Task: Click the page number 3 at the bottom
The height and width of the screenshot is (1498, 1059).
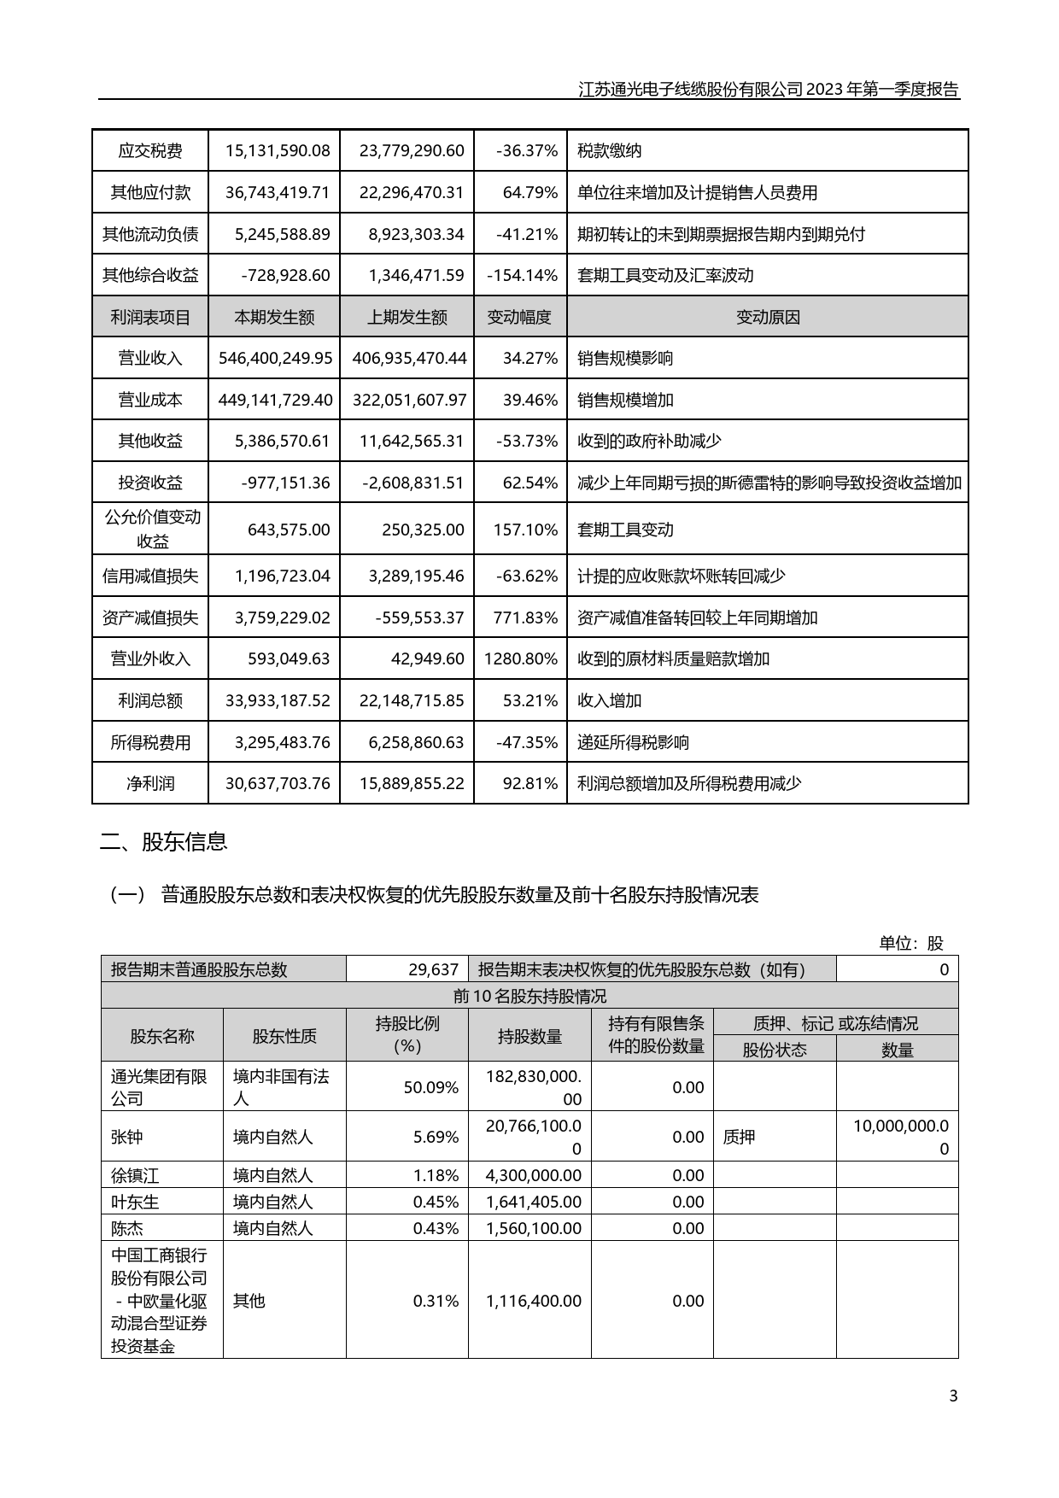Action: click(x=953, y=1396)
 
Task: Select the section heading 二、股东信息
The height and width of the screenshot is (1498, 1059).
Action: click(x=163, y=842)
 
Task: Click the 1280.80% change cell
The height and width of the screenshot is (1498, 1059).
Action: click(x=520, y=659)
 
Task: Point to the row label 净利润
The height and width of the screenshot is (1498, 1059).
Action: click(x=150, y=784)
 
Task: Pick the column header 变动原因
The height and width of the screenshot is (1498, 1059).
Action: click(x=767, y=318)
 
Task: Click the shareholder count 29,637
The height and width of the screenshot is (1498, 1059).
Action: click(x=433, y=969)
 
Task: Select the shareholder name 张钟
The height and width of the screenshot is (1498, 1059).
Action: click(x=125, y=1138)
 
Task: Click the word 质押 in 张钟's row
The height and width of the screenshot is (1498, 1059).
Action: click(x=739, y=1138)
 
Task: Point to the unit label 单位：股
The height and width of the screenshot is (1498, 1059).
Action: click(x=911, y=944)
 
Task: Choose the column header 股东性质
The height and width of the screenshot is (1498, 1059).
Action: click(x=284, y=1037)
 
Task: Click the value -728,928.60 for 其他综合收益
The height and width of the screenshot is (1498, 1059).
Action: click(x=285, y=276)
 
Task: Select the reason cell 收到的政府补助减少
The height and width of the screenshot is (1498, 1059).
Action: click(x=649, y=442)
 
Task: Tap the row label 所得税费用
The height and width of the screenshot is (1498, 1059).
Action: click(x=150, y=743)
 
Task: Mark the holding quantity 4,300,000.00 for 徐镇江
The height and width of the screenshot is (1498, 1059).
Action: click(x=533, y=1176)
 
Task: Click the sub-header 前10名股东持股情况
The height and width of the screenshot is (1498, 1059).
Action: click(x=529, y=997)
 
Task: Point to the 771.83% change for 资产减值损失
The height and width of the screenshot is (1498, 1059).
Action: click(x=525, y=617)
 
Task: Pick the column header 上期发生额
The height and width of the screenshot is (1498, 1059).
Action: click(x=407, y=318)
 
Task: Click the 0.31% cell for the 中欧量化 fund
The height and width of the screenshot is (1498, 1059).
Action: click(x=436, y=1301)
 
